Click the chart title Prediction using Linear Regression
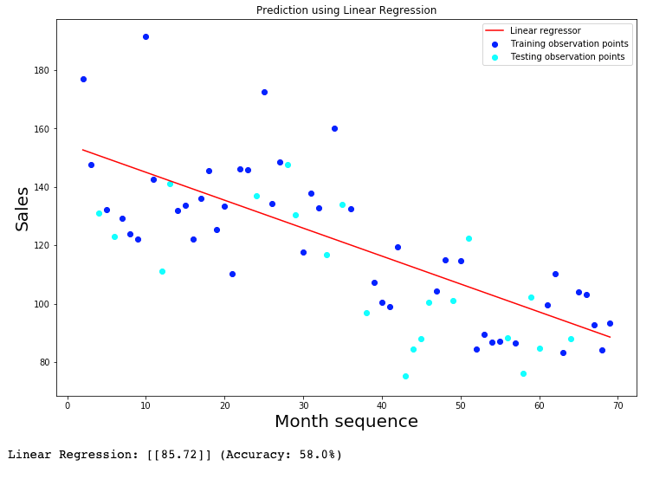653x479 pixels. [346, 10]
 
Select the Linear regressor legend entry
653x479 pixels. [545, 31]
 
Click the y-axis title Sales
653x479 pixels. [23, 209]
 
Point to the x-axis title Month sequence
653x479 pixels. [346, 422]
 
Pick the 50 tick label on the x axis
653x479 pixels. [461, 405]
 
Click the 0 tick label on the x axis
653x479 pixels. [68, 405]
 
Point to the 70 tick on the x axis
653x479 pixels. [618, 405]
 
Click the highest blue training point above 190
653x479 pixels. [145, 36]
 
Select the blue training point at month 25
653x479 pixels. [264, 92]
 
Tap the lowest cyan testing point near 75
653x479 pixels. [405, 376]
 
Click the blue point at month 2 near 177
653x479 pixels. [83, 79]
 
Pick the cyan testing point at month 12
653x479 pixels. [162, 271]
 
